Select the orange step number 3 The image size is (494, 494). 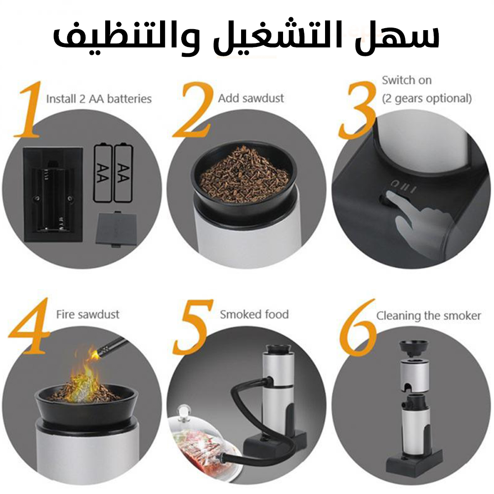358,110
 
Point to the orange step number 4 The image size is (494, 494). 29,326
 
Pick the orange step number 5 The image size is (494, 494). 193,328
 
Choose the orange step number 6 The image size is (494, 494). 358,328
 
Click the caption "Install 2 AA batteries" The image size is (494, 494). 99,99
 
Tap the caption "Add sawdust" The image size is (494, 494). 251,98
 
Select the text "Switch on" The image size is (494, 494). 407,81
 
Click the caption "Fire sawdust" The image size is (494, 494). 87,314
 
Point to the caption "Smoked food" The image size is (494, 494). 254,314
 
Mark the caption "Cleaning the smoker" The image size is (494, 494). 428,316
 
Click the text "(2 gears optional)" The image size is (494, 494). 427,99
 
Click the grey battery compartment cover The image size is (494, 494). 116,229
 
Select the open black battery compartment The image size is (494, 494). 53,194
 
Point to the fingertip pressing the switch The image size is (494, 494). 391,195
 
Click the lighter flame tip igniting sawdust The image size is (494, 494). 94,354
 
